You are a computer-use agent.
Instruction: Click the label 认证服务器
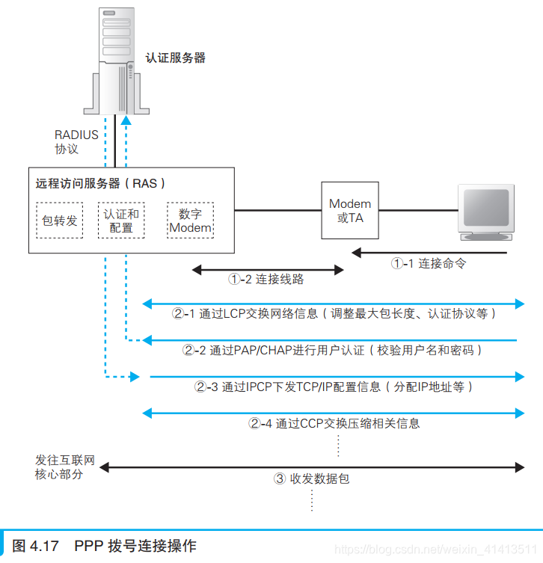(x=175, y=58)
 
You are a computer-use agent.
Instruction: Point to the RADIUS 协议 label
(x=76, y=142)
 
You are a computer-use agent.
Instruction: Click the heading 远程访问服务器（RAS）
(x=101, y=183)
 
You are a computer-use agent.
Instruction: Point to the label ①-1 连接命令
(x=429, y=263)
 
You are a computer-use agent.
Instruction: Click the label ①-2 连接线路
(x=266, y=279)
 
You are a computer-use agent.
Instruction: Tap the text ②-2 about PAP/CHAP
(x=333, y=350)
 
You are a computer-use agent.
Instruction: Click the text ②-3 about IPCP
(x=334, y=387)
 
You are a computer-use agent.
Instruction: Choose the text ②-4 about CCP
(x=334, y=423)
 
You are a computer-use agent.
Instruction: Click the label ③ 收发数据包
(x=311, y=479)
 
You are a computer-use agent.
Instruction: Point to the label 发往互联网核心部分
(x=65, y=467)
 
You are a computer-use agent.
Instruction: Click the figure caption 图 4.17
(x=105, y=546)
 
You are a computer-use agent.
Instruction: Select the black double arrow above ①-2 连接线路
(x=267, y=267)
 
